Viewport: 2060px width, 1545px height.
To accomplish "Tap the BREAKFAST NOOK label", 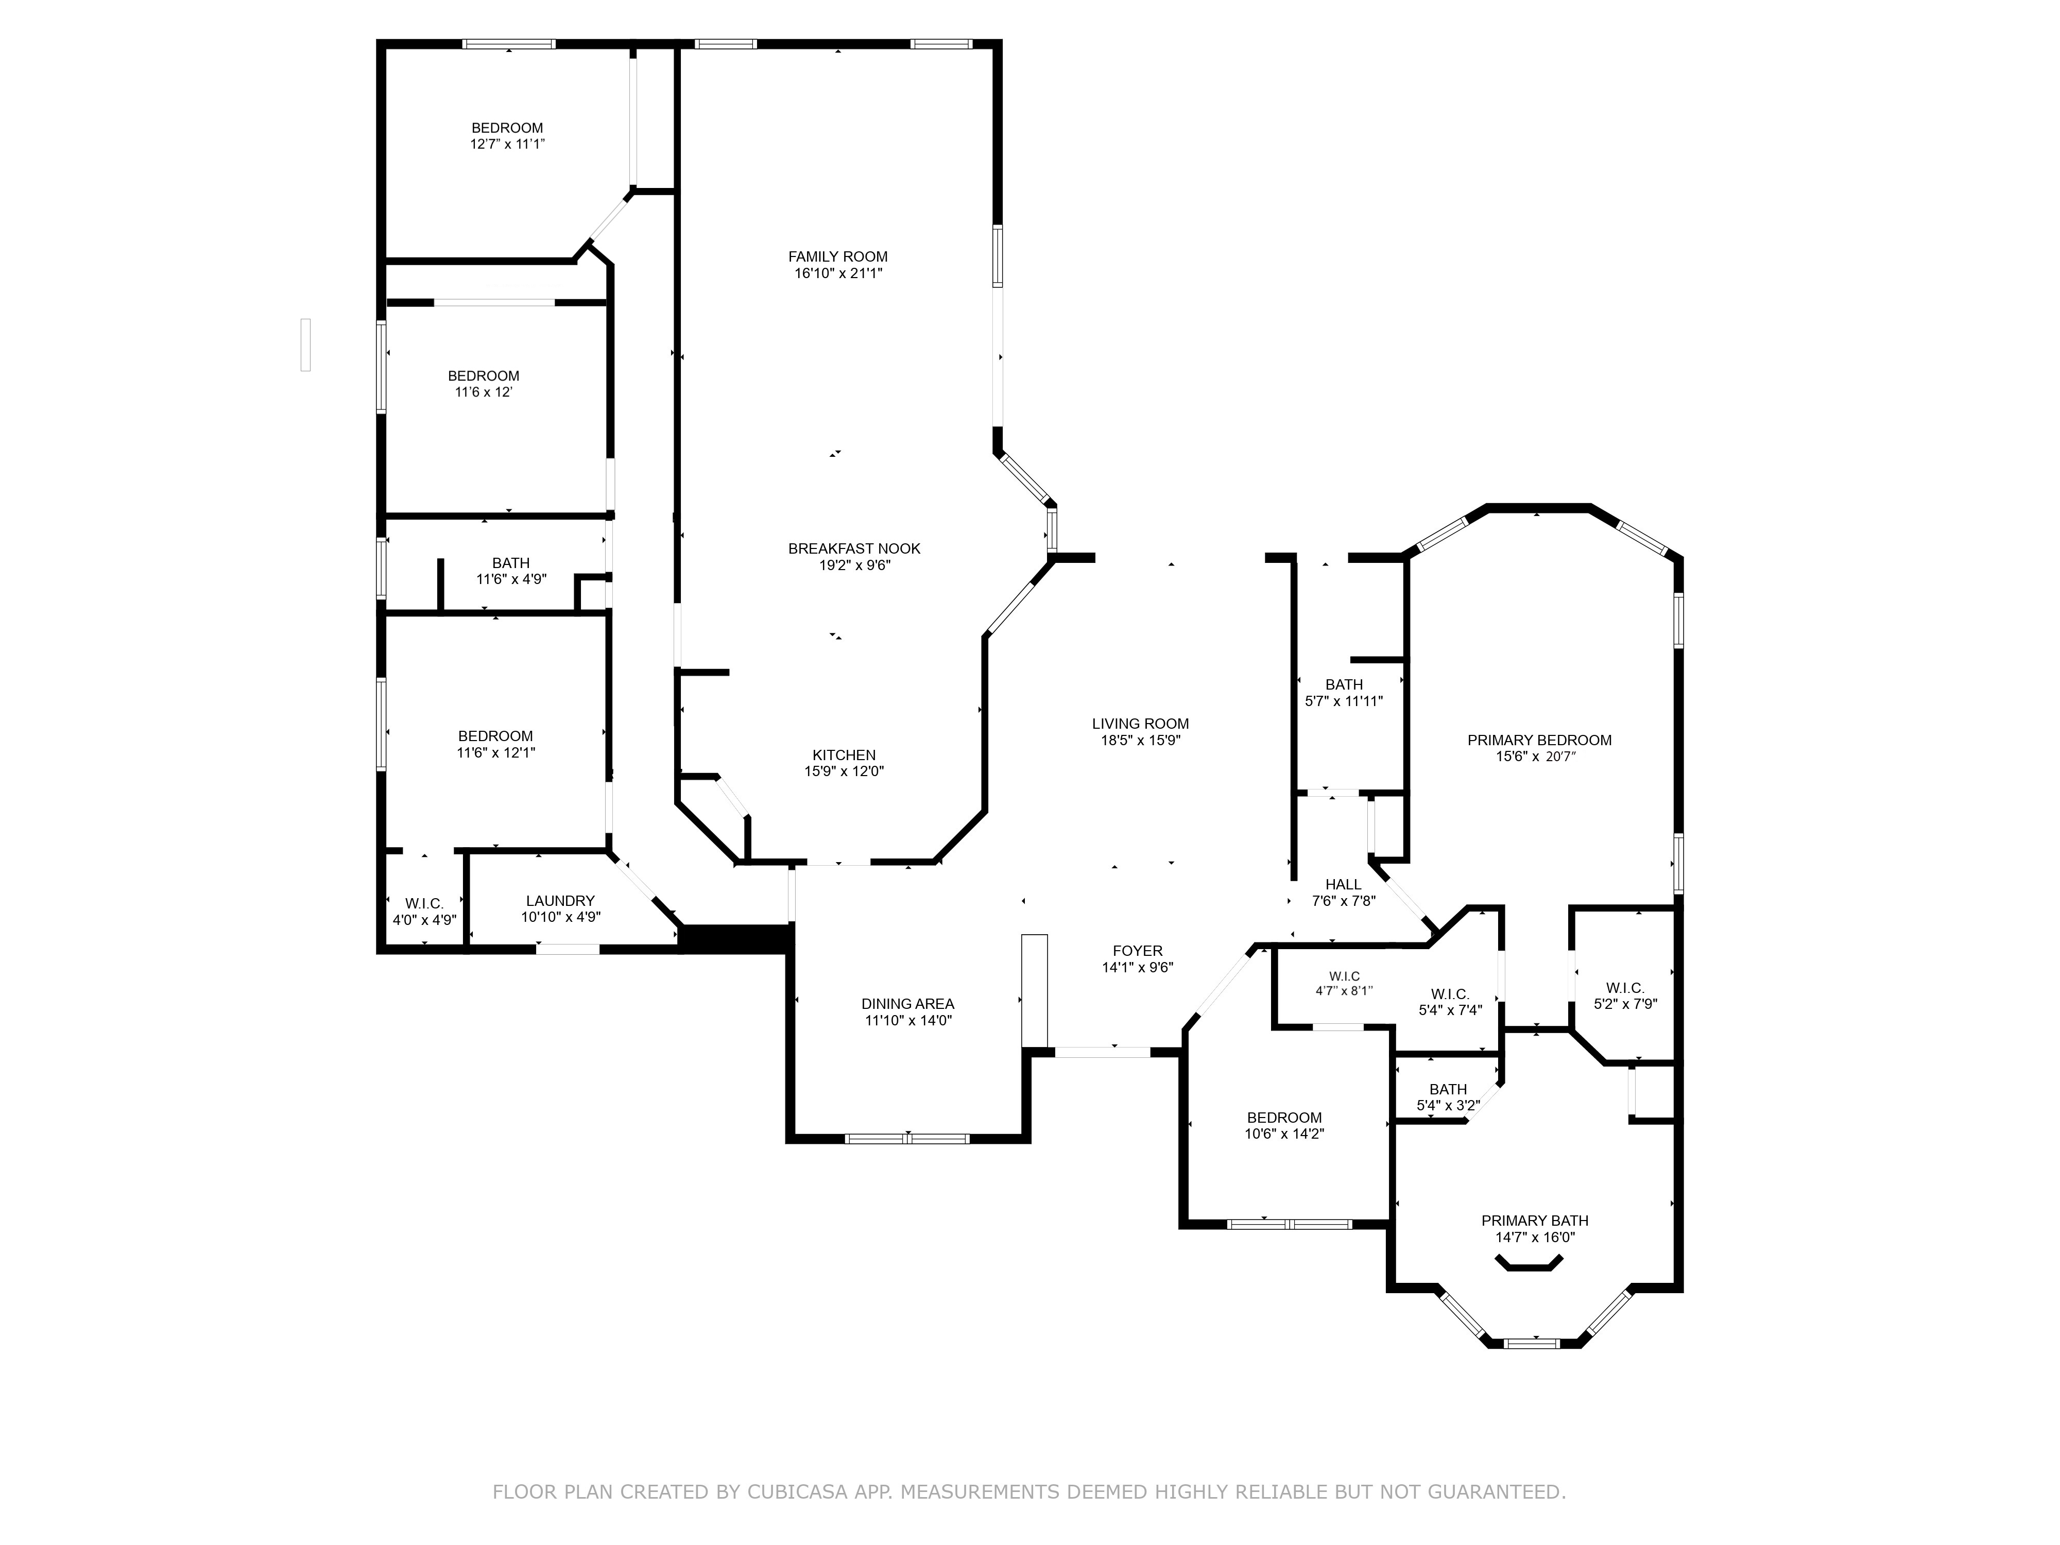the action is pos(854,548).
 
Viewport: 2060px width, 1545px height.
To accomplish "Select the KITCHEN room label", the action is pos(844,756).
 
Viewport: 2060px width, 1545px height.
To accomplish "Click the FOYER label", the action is pos(1137,951).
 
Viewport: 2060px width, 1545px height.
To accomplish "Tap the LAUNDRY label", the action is pos(560,901).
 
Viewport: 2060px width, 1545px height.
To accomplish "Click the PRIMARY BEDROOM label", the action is pos(1539,741).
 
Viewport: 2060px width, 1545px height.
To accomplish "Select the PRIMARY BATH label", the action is pos(1535,1221).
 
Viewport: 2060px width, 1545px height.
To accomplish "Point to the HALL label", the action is pos(1343,885).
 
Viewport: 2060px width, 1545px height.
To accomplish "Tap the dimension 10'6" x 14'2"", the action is pos(1284,1135).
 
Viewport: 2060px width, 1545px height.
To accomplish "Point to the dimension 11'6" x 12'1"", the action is pos(495,752).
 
